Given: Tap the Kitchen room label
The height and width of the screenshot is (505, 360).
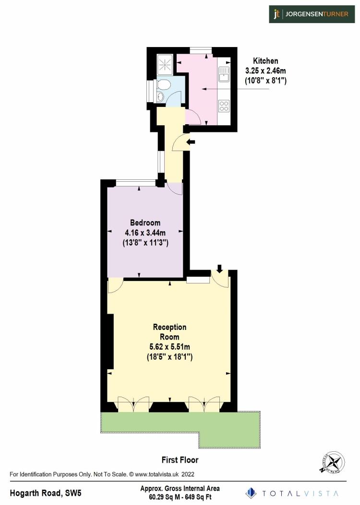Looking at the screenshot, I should [265, 61].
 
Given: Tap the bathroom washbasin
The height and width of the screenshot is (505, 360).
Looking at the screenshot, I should [160, 97].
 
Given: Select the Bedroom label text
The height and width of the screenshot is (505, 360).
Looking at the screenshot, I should [145, 223].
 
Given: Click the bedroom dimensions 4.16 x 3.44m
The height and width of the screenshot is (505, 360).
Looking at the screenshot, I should [145, 233].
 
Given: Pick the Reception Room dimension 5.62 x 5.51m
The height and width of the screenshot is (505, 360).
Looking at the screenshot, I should [169, 347].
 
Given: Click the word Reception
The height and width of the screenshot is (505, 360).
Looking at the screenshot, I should [169, 327].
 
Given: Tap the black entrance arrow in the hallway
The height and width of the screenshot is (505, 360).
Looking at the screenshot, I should [191, 141].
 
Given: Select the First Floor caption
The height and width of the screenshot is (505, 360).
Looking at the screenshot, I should [180, 460].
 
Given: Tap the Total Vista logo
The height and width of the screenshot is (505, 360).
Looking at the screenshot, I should [292, 493].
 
